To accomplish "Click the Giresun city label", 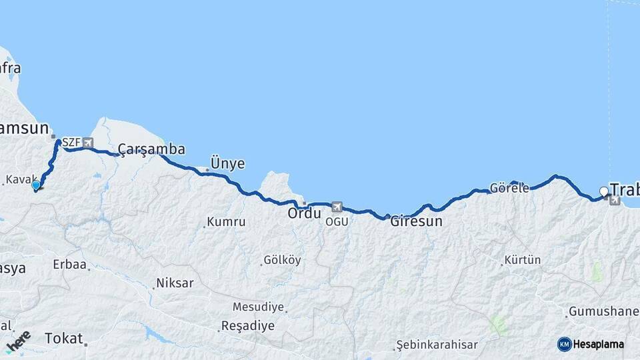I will [x=417, y=221].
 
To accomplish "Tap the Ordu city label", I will [x=305, y=214].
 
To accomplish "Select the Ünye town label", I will [x=227, y=163].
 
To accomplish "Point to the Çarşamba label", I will [x=151, y=149].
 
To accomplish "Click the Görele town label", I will [x=509, y=188].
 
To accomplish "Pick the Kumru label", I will [x=227, y=222].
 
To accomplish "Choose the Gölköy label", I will [x=282, y=260].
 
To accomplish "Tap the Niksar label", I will [x=175, y=283].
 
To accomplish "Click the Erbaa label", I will [x=70, y=265].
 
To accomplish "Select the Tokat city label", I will [x=64, y=339].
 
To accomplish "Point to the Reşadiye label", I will [x=248, y=327].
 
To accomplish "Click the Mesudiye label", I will [x=259, y=307].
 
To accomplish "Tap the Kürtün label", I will [x=523, y=260].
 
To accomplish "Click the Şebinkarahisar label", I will [x=437, y=345].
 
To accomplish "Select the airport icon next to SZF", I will [x=88, y=143].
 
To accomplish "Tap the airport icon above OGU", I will [x=337, y=207].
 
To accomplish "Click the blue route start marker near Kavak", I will [x=36, y=185].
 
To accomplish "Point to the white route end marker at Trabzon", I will [x=604, y=192].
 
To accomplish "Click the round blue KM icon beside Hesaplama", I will [x=564, y=344].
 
